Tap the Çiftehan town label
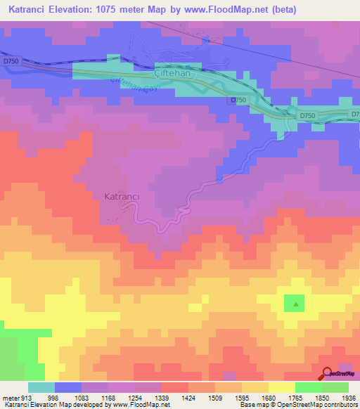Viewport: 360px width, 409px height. click(173, 73)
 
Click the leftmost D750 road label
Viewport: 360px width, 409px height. click(11, 62)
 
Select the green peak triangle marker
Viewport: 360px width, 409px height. click(295, 304)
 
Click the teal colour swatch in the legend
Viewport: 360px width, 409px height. click(41, 387)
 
